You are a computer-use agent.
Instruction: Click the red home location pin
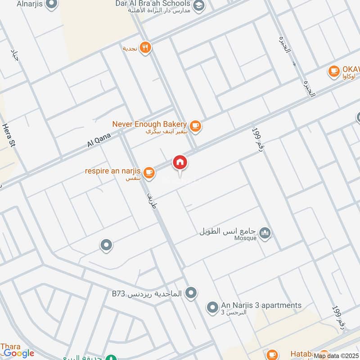[x=180, y=162]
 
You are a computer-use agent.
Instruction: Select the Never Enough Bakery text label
[x=149, y=124]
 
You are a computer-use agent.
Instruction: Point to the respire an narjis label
[x=113, y=171]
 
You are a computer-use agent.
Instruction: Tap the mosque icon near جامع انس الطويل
[x=265, y=233]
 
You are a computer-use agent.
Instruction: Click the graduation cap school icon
[x=199, y=6]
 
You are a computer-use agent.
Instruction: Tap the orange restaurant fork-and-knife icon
[x=145, y=47]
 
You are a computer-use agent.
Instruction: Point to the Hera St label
[x=8, y=135]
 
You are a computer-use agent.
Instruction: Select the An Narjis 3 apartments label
[x=261, y=306]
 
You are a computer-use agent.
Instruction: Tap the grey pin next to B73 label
[x=191, y=293]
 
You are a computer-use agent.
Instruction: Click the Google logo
[x=18, y=353]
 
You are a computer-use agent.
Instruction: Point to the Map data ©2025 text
[x=336, y=356]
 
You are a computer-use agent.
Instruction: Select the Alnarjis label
[x=30, y=4]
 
